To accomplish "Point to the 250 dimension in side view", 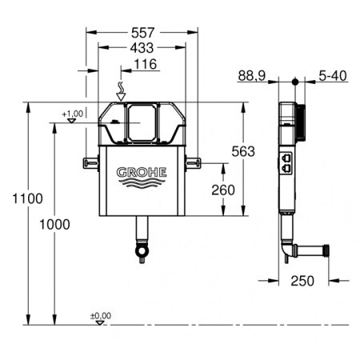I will click(302, 281).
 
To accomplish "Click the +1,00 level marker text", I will click(72, 114).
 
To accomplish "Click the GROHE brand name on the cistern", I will click(142, 172).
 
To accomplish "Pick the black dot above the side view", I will click(296, 82).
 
